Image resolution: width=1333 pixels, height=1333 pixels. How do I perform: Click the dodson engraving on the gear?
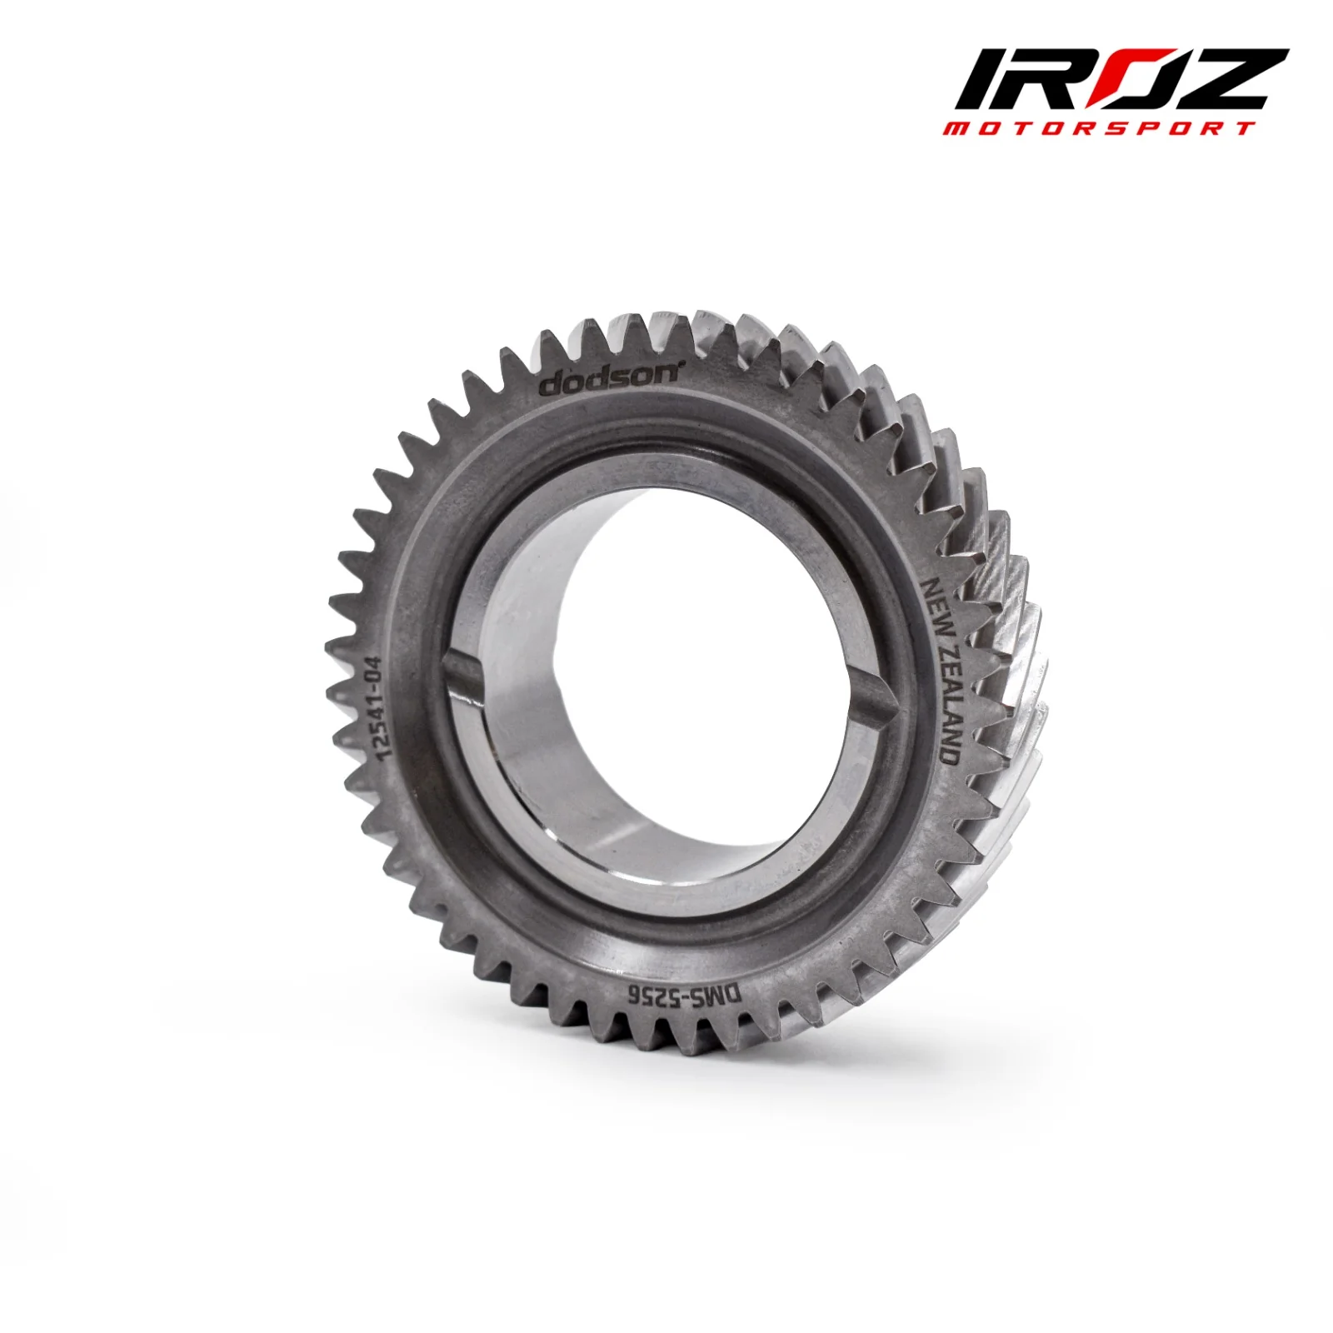(x=612, y=379)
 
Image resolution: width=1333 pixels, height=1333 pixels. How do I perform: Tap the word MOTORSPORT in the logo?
(x=1098, y=128)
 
